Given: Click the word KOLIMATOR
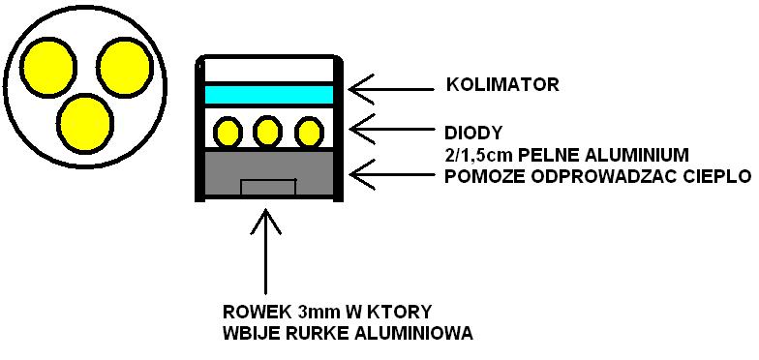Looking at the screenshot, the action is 502,85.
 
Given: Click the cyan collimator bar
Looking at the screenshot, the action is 269,94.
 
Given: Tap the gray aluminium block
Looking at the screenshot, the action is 269,173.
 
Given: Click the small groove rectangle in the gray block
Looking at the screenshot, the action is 269,188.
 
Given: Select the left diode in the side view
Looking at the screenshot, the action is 228,132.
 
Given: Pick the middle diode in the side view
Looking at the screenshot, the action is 267,132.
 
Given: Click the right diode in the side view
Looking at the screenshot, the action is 309,132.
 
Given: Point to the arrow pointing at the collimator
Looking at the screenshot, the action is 392,89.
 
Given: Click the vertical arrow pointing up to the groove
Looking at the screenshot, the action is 265,252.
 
